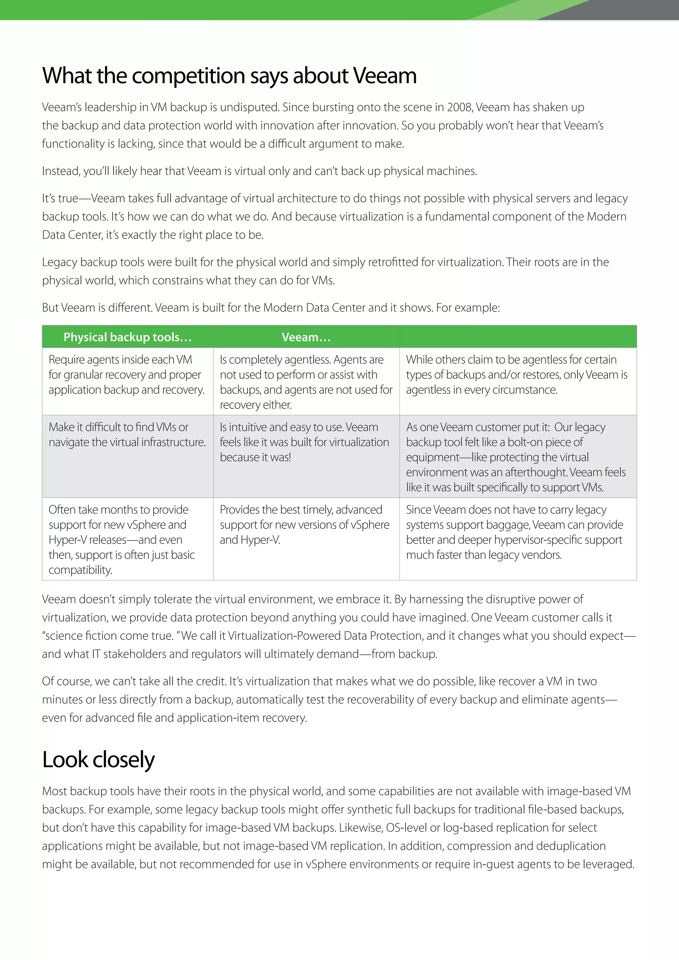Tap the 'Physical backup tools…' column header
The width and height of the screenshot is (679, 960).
click(128, 337)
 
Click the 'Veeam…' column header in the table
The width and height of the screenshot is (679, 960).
click(306, 337)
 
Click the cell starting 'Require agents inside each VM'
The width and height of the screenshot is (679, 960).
click(127, 375)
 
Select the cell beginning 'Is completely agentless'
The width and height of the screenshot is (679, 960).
click(306, 382)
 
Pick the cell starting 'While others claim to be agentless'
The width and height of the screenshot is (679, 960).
click(517, 375)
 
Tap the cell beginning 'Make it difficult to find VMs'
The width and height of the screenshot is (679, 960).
click(127, 435)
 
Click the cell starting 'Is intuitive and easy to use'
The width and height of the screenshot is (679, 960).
click(304, 442)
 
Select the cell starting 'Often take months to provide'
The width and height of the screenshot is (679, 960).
click(122, 539)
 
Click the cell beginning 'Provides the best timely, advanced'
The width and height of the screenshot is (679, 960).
click(304, 525)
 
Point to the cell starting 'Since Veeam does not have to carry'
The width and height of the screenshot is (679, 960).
click(514, 532)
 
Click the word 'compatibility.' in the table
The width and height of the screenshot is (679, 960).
click(80, 570)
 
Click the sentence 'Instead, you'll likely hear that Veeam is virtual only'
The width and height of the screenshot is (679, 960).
click(259, 171)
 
